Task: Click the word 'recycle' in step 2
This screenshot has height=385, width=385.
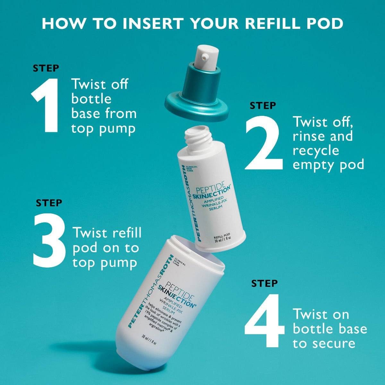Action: point(316,150)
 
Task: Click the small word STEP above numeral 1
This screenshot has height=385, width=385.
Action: point(46,68)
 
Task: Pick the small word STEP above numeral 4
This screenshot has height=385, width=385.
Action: point(264,283)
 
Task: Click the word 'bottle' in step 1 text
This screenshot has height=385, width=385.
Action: point(91,99)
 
